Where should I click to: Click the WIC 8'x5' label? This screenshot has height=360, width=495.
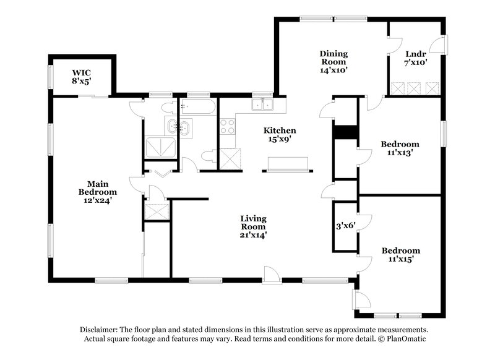(x=81, y=76)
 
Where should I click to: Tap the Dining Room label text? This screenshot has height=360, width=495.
(x=334, y=62)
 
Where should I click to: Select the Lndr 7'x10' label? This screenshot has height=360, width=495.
(x=416, y=58)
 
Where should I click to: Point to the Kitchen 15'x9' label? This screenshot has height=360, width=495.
(x=280, y=135)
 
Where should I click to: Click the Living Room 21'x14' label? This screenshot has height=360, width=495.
(x=254, y=226)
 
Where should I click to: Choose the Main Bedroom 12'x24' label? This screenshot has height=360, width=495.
(x=94, y=192)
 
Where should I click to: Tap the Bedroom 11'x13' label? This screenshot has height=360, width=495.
(x=400, y=148)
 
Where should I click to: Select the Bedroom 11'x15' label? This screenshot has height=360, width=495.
(x=400, y=255)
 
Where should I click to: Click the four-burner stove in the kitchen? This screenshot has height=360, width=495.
(x=227, y=126)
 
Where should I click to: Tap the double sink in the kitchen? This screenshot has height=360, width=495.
(x=262, y=104)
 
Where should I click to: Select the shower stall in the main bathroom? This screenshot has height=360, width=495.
(x=158, y=148)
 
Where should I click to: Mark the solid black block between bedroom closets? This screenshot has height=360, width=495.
(x=345, y=132)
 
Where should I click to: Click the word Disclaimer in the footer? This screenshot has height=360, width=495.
(x=100, y=330)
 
